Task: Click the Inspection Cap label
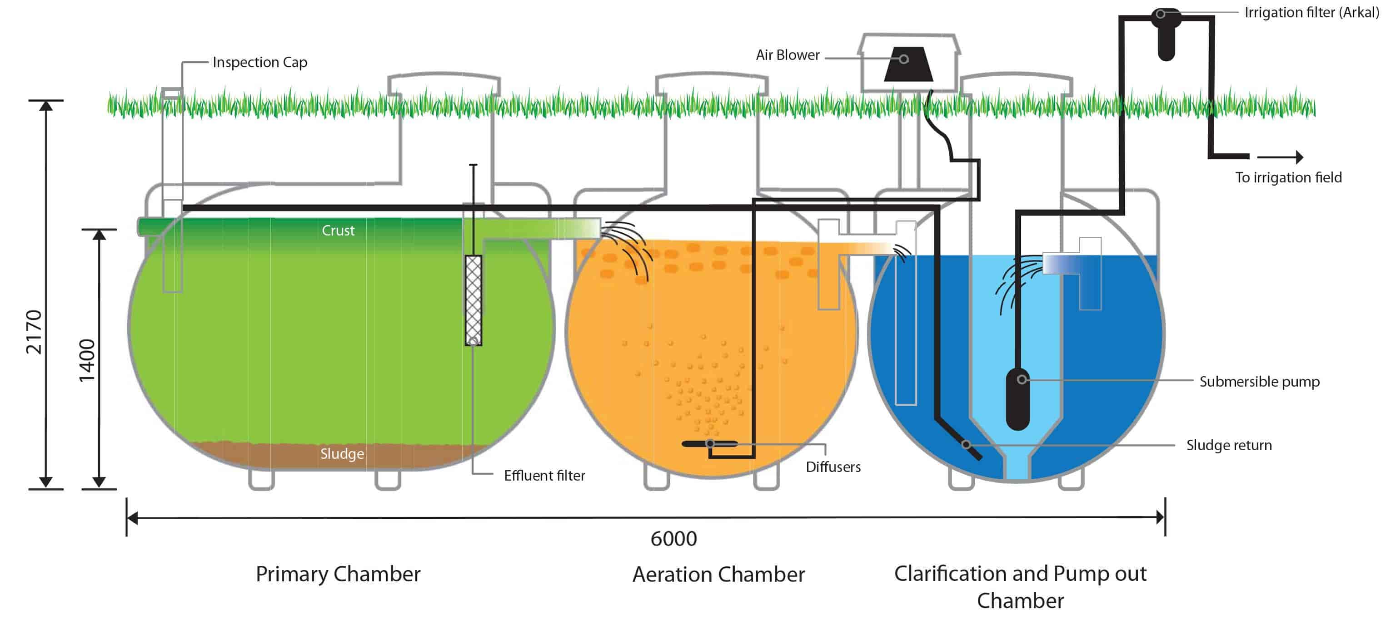259,62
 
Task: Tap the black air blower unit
908,64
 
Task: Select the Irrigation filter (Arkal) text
1311,12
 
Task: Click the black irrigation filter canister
1166,38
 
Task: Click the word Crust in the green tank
338,231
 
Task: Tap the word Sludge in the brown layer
341,454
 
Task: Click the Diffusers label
833,467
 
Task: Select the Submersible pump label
1259,382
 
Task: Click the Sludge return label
1229,445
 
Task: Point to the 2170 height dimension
34,332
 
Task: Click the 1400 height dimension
87,360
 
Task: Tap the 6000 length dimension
673,539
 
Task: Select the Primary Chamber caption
338,574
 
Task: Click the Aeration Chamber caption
718,575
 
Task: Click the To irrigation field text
1288,177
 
